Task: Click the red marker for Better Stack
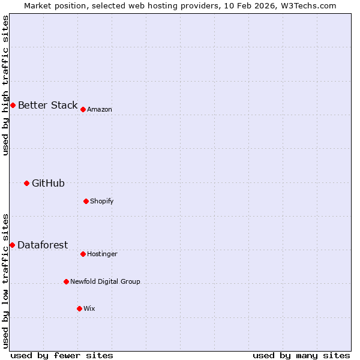pyautogui.click(x=13, y=106)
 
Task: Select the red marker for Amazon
pyautogui.click(x=83, y=109)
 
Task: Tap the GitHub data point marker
pyautogui.click(x=26, y=183)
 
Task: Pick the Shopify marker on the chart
pyautogui.click(x=86, y=201)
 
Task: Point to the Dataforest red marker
pyautogui.click(x=12, y=245)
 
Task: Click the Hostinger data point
pyautogui.click(x=83, y=254)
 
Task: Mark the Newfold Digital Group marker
pyautogui.click(x=66, y=281)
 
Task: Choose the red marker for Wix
pyautogui.click(x=79, y=308)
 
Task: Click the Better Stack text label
pyautogui.click(x=47, y=106)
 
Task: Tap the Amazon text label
pyautogui.click(x=100, y=110)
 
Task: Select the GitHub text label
pyautogui.click(x=48, y=184)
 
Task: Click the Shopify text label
pyautogui.click(x=102, y=202)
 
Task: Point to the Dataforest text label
pyautogui.click(x=43, y=245)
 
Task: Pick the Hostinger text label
pyautogui.click(x=102, y=254)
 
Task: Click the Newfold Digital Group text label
pyautogui.click(x=105, y=282)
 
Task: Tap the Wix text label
pyautogui.click(x=89, y=309)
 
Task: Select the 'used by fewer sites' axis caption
pyautogui.click(x=62, y=355)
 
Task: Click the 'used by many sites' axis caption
pyautogui.click(x=301, y=355)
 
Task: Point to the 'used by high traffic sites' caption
pyautogui.click(x=5, y=85)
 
